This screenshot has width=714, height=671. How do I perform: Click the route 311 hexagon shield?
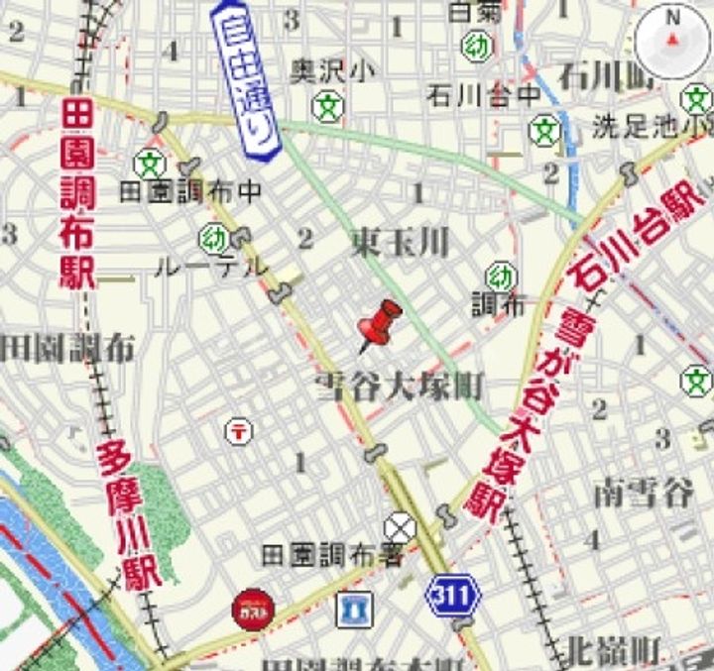coord(453,596)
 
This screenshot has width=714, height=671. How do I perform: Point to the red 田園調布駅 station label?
coord(77,194)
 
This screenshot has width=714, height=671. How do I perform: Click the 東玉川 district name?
coord(400,241)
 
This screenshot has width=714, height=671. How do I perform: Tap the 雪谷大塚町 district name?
coord(400,387)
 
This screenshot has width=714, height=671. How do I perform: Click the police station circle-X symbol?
coord(401,525)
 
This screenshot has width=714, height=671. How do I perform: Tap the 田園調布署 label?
coord(333,556)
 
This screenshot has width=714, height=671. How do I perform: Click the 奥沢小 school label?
coord(333,70)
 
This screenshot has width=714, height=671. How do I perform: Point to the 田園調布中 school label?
coord(190,191)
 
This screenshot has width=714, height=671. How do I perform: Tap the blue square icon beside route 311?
coord(354,609)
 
